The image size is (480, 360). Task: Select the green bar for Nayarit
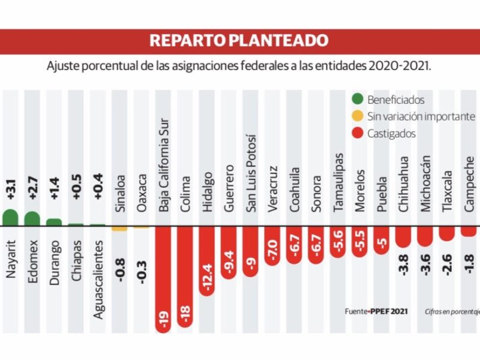click(x=10, y=218)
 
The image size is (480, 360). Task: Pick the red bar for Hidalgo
click(x=207, y=261)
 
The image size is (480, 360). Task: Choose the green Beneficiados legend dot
click(x=358, y=100)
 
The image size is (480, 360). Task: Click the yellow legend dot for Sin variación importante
click(x=358, y=116)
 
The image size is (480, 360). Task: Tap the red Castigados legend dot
click(x=358, y=133)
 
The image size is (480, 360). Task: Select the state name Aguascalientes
click(x=98, y=280)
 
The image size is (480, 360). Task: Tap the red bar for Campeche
click(x=469, y=230)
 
